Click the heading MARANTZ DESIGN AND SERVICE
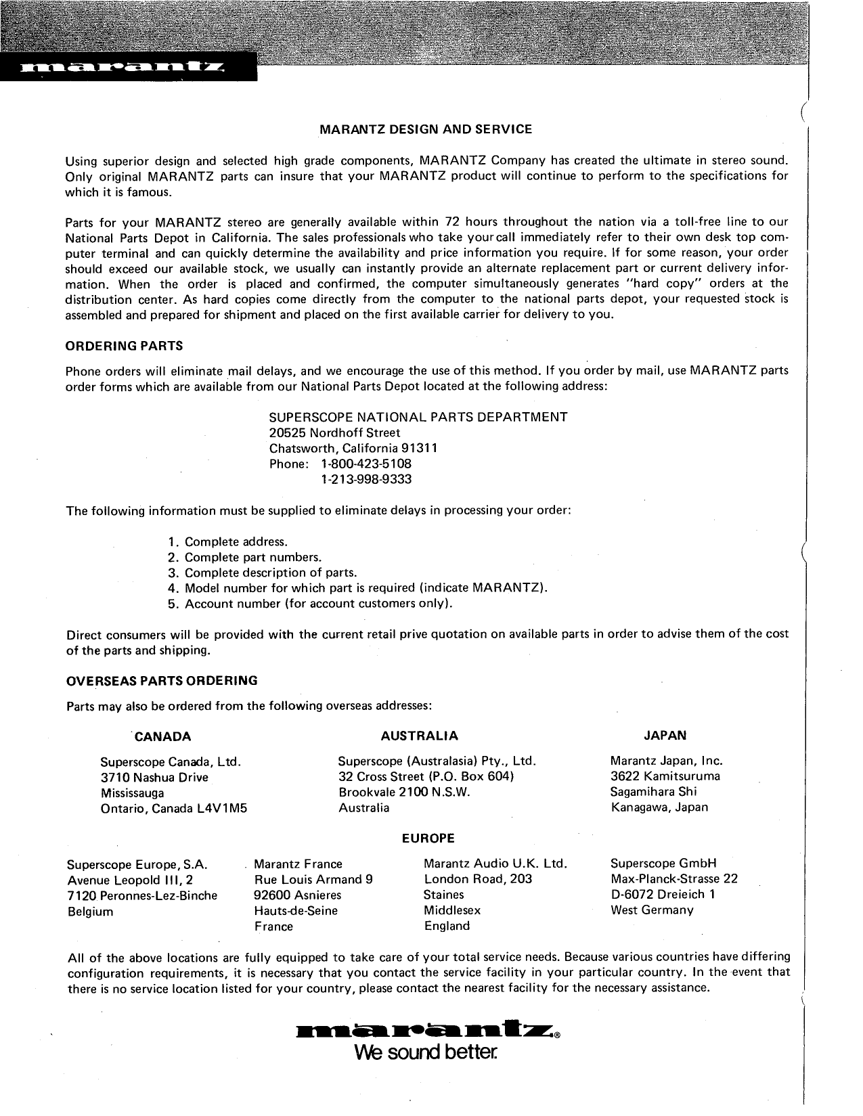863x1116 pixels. click(425, 129)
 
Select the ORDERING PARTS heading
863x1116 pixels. click(124, 346)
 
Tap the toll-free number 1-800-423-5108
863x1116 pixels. click(366, 464)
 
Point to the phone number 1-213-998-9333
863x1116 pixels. click(366, 479)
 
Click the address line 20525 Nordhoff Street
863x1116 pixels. click(334, 432)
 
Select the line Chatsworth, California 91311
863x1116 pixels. click(353, 448)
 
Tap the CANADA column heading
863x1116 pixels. click(162, 736)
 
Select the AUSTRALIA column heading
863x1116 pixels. click(419, 736)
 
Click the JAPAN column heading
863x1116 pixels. click(665, 736)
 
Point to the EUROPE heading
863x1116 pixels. click(428, 838)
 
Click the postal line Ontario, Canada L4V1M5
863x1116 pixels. click(174, 809)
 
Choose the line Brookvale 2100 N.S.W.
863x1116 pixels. click(403, 792)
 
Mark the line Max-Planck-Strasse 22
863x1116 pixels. click(673, 879)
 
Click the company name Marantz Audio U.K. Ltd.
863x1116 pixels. click(495, 864)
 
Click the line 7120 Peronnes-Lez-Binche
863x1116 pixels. click(142, 895)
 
